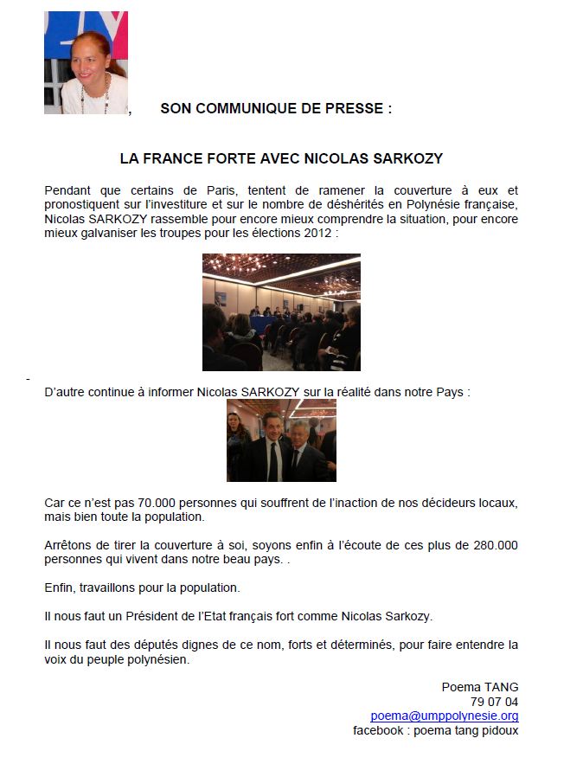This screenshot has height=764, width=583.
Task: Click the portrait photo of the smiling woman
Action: [86, 62]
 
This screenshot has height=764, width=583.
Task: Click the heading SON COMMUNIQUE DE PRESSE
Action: [276, 108]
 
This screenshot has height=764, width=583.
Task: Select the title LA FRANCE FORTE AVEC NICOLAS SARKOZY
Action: [281, 159]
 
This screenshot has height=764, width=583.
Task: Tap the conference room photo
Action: [281, 312]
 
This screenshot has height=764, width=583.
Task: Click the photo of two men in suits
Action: [281, 440]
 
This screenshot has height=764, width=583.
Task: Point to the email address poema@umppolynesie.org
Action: [445, 716]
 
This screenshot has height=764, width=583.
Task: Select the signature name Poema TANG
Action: [480, 687]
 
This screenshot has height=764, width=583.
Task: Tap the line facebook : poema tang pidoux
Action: [436, 730]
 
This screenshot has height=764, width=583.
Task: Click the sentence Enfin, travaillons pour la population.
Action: [142, 587]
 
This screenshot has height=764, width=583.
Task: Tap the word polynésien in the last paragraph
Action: [157, 658]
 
